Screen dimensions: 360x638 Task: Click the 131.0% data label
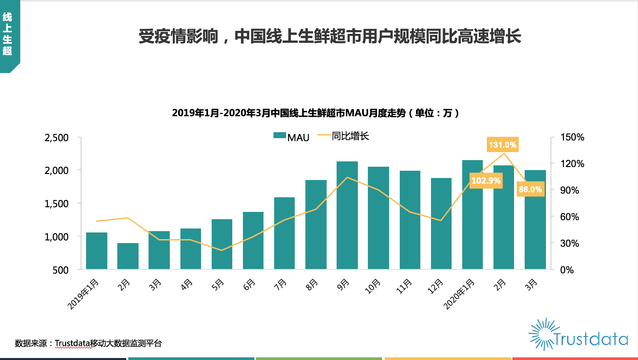[x=502, y=145]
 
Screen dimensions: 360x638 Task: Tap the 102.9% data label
[x=486, y=181]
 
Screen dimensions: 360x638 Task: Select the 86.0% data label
[x=530, y=189]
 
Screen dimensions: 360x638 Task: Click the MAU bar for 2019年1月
[x=97, y=251]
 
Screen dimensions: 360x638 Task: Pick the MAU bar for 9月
[x=347, y=215]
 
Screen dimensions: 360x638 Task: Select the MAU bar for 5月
[x=222, y=244]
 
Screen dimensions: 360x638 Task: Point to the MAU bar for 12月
[x=441, y=223]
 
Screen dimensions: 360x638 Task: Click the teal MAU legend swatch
[x=279, y=135]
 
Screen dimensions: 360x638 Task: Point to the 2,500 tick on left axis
[x=56, y=137]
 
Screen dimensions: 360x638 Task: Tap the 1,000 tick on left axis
[x=56, y=237]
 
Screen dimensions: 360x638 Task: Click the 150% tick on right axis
[x=572, y=137]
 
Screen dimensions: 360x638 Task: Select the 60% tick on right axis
[x=569, y=217]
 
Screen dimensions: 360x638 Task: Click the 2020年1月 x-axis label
[x=459, y=294]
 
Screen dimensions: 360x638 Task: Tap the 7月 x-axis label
[x=280, y=285]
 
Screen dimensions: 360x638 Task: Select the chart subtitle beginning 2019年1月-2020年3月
[x=315, y=113]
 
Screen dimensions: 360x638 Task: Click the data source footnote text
[x=88, y=343]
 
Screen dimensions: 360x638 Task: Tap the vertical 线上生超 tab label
[x=7, y=34]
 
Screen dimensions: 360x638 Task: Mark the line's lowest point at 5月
[x=222, y=250]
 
